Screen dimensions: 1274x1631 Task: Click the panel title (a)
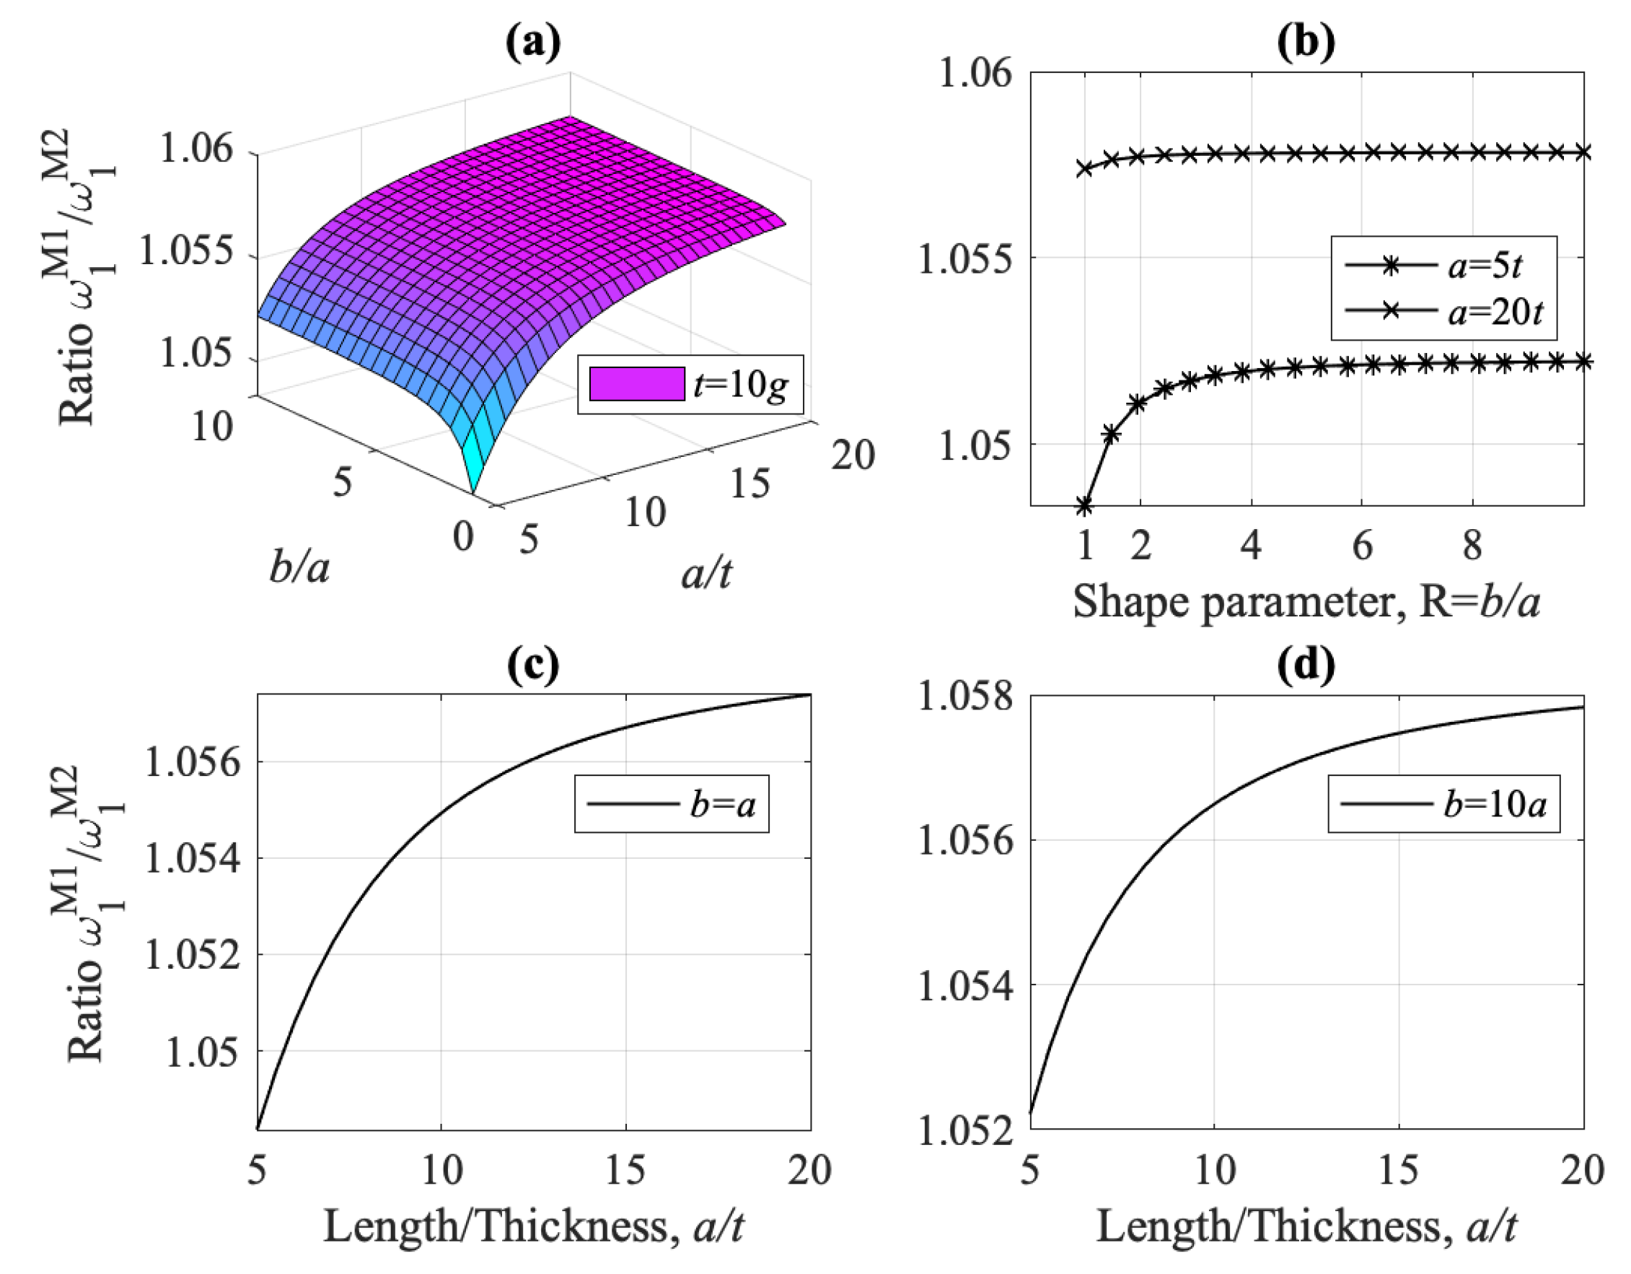532,43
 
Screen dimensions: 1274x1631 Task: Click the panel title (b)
1306,43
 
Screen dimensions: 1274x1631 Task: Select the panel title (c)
532,665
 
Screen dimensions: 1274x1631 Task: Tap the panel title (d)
1306,665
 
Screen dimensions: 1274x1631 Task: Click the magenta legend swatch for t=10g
636,384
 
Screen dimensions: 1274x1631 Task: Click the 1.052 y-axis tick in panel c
193,956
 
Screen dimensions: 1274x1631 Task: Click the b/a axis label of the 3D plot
299,568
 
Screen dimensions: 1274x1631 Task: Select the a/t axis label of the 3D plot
705,574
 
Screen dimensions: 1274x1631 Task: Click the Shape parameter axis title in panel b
1306,601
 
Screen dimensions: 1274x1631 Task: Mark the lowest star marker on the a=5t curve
1085,506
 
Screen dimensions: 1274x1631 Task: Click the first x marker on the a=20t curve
1085,168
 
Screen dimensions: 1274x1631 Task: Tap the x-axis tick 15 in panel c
625,1171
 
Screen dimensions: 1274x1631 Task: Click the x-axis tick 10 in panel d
1214,1171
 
